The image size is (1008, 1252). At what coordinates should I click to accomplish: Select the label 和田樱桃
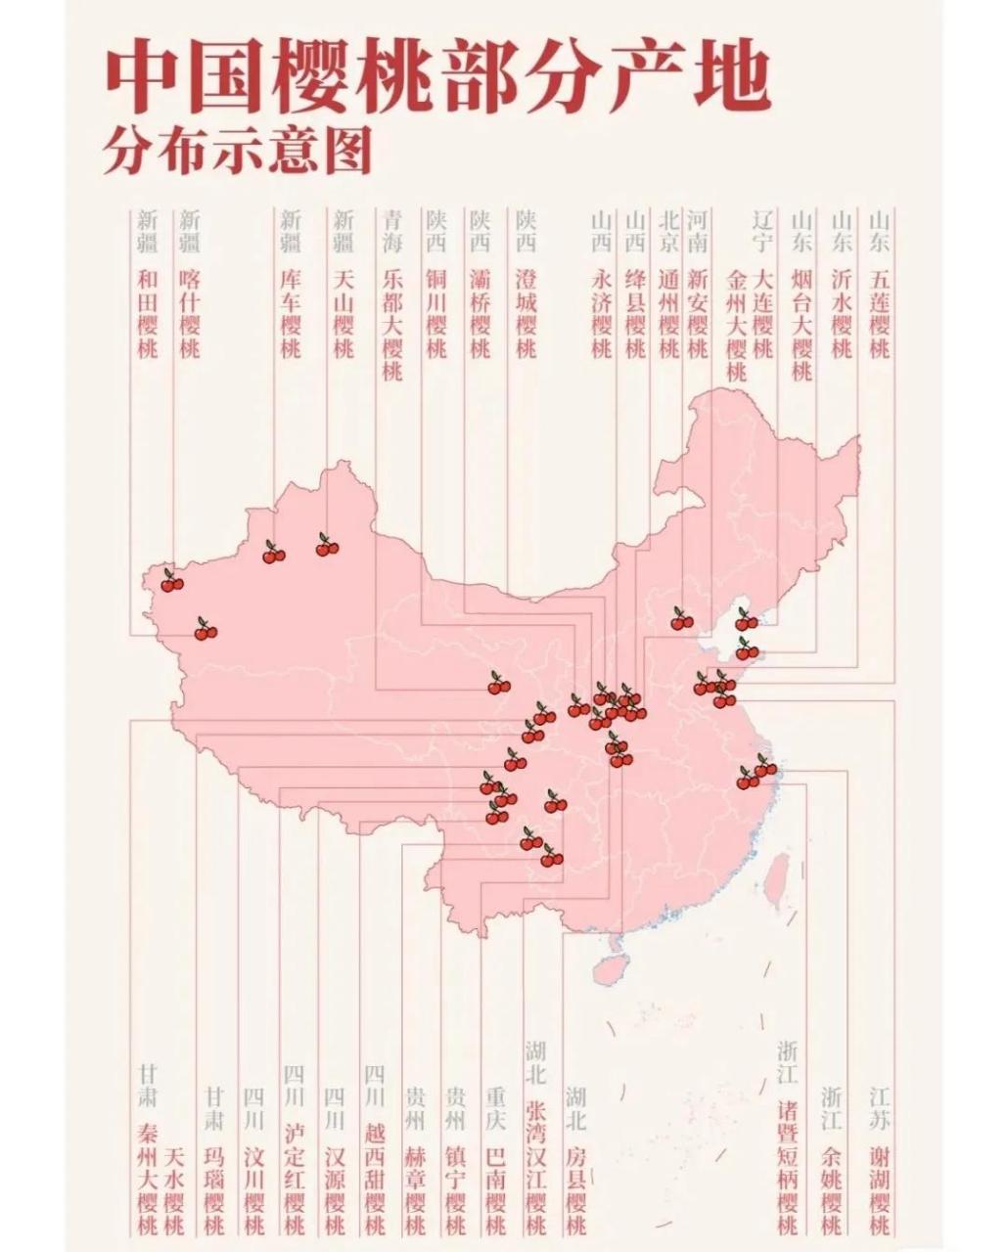point(148,313)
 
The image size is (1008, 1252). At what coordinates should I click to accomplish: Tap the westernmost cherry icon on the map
point(172,582)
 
